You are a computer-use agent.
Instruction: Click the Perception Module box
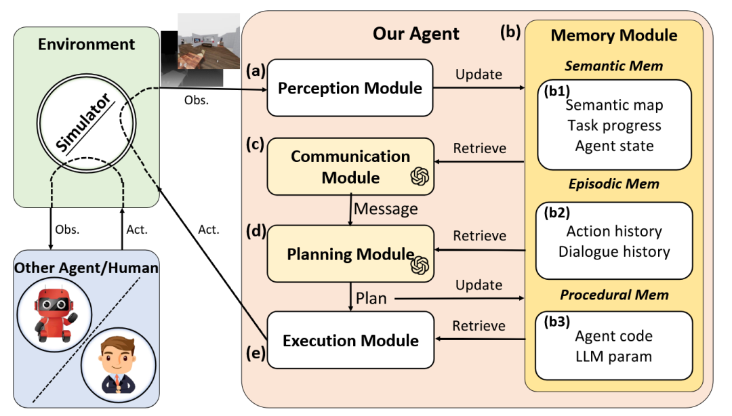tap(350, 88)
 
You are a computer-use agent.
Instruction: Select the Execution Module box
tap(350, 340)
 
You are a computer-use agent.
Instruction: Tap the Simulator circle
tap(86, 123)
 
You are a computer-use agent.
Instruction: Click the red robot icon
tap(54, 312)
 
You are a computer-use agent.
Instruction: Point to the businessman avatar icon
tap(118, 365)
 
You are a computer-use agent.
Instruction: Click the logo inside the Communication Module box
tap(420, 176)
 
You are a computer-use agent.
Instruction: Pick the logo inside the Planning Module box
tap(420, 265)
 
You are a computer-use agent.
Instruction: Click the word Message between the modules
tap(386, 209)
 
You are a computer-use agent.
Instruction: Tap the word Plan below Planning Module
tap(371, 298)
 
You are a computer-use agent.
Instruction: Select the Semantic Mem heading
tap(614, 66)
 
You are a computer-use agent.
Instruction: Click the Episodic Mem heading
tap(614, 184)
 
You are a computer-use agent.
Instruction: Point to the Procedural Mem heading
tap(614, 295)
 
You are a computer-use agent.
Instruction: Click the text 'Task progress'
tap(614, 125)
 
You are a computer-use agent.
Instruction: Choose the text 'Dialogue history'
tap(614, 251)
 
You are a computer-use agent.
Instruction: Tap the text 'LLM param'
tap(614, 356)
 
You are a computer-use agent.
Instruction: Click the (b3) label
tap(556, 322)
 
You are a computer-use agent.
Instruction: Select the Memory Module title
tap(614, 35)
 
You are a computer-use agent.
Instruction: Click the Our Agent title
tap(416, 34)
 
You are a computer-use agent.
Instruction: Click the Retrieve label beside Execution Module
tap(479, 325)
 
